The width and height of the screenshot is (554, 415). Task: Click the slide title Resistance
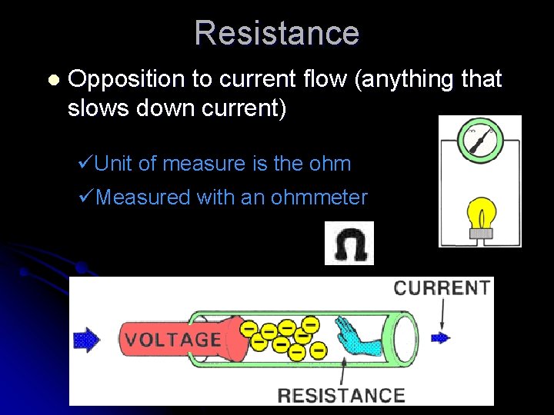[276, 33]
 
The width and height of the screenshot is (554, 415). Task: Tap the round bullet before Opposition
[52, 80]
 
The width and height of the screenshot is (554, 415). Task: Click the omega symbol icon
[349, 244]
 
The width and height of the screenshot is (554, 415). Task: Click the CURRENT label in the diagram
[442, 288]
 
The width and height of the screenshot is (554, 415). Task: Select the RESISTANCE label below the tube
[341, 396]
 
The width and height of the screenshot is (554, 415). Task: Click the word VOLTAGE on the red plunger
[174, 340]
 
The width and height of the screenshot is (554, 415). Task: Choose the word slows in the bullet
[95, 108]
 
